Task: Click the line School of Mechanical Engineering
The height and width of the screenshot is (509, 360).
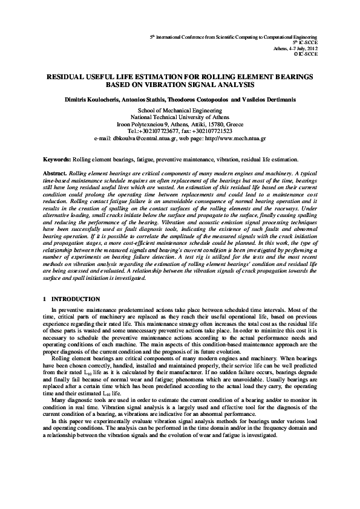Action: click(x=180, y=112)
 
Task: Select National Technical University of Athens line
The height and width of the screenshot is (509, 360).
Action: click(x=180, y=118)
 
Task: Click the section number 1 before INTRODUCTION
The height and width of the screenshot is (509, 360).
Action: click(x=45, y=299)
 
